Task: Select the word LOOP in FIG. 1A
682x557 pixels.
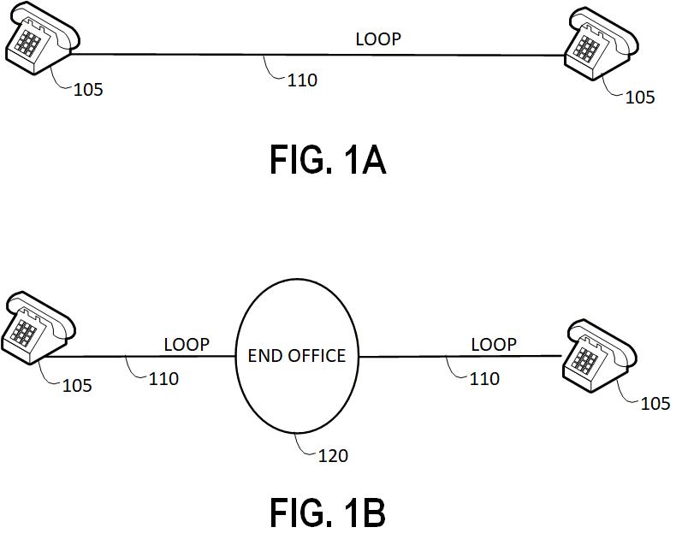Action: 378,39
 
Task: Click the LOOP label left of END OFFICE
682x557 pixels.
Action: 187,344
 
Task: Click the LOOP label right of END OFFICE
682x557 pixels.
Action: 494,344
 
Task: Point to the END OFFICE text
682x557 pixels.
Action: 297,356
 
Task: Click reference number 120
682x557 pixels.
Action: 333,456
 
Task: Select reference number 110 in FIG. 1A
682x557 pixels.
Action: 302,80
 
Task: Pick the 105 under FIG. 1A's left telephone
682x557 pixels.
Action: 88,89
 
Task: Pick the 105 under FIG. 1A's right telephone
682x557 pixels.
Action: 639,98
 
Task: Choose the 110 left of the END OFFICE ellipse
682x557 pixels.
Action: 163,378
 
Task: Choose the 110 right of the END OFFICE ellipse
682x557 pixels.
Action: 484,378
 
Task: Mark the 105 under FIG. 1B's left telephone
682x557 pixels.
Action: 77,386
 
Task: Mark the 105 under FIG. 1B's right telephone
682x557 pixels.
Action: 655,403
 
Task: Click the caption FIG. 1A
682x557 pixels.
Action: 328,160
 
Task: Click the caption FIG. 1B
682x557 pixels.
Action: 328,513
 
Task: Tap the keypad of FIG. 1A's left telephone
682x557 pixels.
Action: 31,42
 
